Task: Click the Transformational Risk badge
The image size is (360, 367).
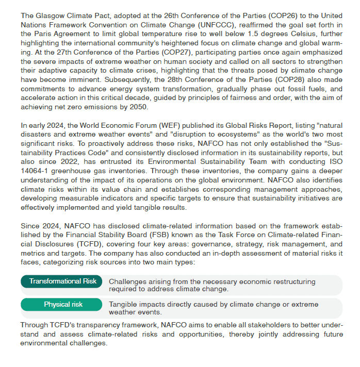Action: tap(62, 281)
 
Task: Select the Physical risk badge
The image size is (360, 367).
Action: tap(62, 304)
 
